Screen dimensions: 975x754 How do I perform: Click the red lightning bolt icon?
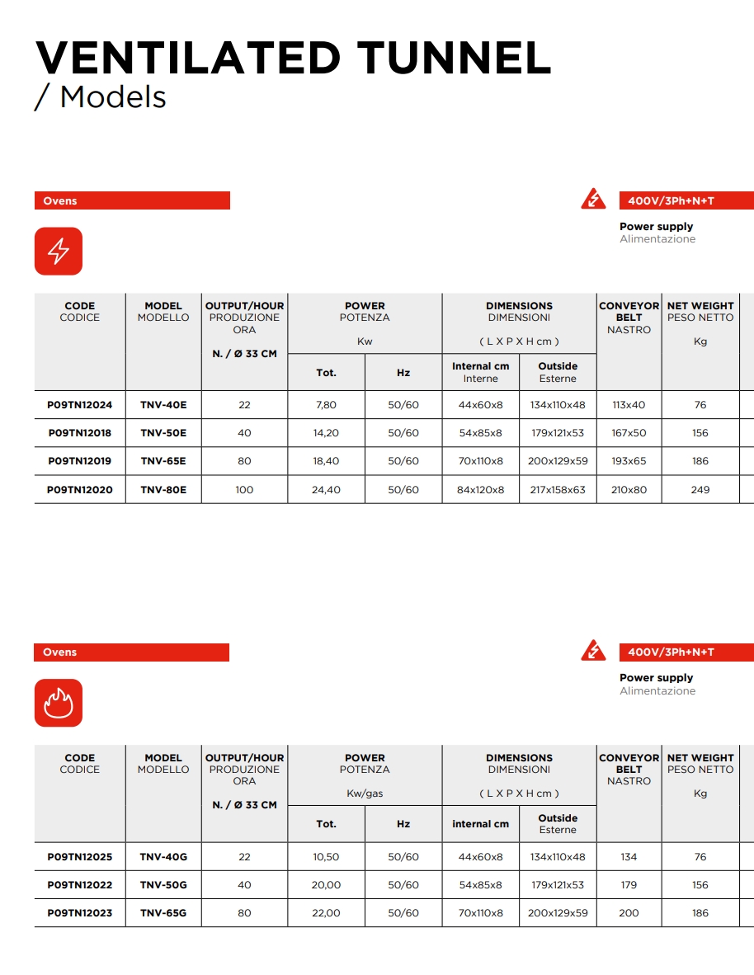(59, 251)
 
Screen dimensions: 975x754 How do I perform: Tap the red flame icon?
(59, 703)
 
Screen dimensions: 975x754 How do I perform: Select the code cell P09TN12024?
(80, 405)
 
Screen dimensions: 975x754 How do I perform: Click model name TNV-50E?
(163, 433)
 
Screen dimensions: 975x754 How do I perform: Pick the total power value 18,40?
(326, 461)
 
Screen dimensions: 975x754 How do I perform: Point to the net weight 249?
(700, 490)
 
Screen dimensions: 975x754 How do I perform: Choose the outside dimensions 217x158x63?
(557, 490)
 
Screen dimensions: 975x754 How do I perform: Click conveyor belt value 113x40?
(629, 405)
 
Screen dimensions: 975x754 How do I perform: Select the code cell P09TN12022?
(80, 885)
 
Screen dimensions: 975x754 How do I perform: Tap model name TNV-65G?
(163, 913)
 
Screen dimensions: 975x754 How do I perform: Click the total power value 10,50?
(326, 857)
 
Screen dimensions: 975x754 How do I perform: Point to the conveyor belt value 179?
(629, 885)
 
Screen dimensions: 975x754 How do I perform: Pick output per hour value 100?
(244, 490)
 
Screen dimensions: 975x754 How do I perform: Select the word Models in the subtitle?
(113, 97)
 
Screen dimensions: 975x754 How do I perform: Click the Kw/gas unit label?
(365, 794)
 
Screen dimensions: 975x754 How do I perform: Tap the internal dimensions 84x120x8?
(480, 490)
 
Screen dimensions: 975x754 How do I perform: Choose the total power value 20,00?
(326, 885)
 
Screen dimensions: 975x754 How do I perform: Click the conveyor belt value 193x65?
(629, 461)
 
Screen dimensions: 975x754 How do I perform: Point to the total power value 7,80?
(326, 405)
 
